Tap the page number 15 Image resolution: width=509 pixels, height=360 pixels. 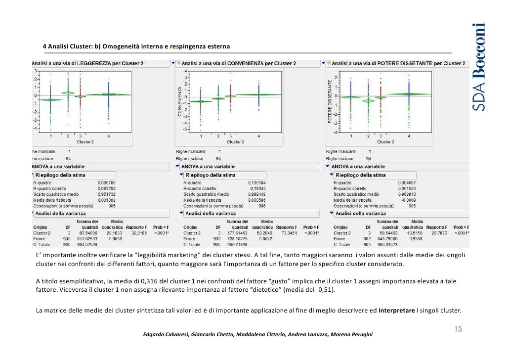point(458,328)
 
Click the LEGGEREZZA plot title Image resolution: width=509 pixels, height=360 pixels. point(88,63)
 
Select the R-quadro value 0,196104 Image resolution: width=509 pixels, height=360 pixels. point(256,182)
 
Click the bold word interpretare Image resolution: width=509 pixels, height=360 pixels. point(395,311)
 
